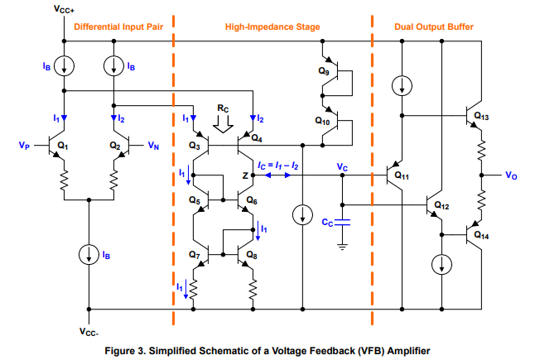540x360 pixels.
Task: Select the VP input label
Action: pyautogui.click(x=24, y=145)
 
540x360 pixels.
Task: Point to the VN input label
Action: pyautogui.click(x=153, y=145)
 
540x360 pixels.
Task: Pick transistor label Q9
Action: pyautogui.click(x=322, y=71)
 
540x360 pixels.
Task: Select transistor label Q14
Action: pyautogui.click(x=481, y=235)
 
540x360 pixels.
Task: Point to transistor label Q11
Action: pyautogui.click(x=402, y=175)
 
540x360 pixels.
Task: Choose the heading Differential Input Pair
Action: pyautogui.click(x=116, y=27)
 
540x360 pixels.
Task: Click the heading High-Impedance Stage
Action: pyautogui.click(x=272, y=27)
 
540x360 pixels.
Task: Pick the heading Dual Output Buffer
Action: pyautogui.click(x=435, y=27)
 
